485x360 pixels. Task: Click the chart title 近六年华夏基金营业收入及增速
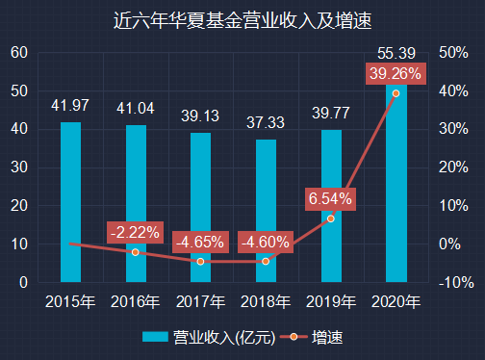pos(242,19)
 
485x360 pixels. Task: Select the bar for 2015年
pos(70,202)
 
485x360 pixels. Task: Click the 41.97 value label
pos(70,104)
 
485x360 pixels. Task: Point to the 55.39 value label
pos(396,53)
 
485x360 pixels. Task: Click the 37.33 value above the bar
pos(266,122)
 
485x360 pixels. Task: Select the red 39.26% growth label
pos(396,74)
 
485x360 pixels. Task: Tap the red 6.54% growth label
pos(331,198)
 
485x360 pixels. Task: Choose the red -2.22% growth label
pos(135,232)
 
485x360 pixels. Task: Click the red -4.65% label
pos(200,242)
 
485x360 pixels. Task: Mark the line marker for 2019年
pos(331,219)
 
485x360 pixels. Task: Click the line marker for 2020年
pos(396,93)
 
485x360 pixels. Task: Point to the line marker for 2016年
pos(136,252)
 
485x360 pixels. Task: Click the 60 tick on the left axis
pos(19,52)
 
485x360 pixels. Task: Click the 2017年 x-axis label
pos(200,302)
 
